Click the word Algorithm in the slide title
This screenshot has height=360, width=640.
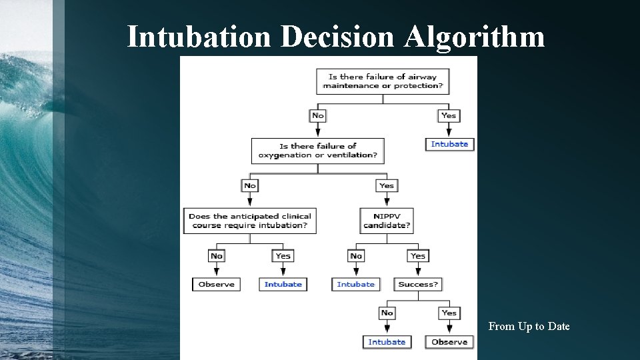coord(473,37)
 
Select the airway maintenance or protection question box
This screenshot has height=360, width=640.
coord(383,81)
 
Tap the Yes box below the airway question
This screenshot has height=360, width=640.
coord(449,115)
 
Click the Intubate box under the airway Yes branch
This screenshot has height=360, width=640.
coord(449,144)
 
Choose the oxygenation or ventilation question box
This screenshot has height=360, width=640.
coord(318,151)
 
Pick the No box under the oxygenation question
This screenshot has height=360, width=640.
coord(250,185)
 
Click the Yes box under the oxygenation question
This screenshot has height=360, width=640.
coord(387,185)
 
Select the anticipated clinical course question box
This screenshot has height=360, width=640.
coord(250,221)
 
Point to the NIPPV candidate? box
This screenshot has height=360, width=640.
coord(387,221)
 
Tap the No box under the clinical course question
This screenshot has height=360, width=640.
coord(217,256)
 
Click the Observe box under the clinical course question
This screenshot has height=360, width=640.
coord(217,284)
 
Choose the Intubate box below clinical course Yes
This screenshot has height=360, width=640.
coord(283,284)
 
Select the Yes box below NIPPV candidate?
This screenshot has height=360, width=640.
coord(418,256)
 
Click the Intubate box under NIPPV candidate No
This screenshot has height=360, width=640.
coord(356,284)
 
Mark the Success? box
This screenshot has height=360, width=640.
coord(418,284)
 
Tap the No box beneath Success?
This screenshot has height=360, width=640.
coord(387,313)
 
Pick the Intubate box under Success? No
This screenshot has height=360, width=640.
coord(387,342)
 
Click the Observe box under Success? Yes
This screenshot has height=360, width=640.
coord(449,342)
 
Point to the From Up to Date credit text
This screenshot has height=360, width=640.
coord(529,326)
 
